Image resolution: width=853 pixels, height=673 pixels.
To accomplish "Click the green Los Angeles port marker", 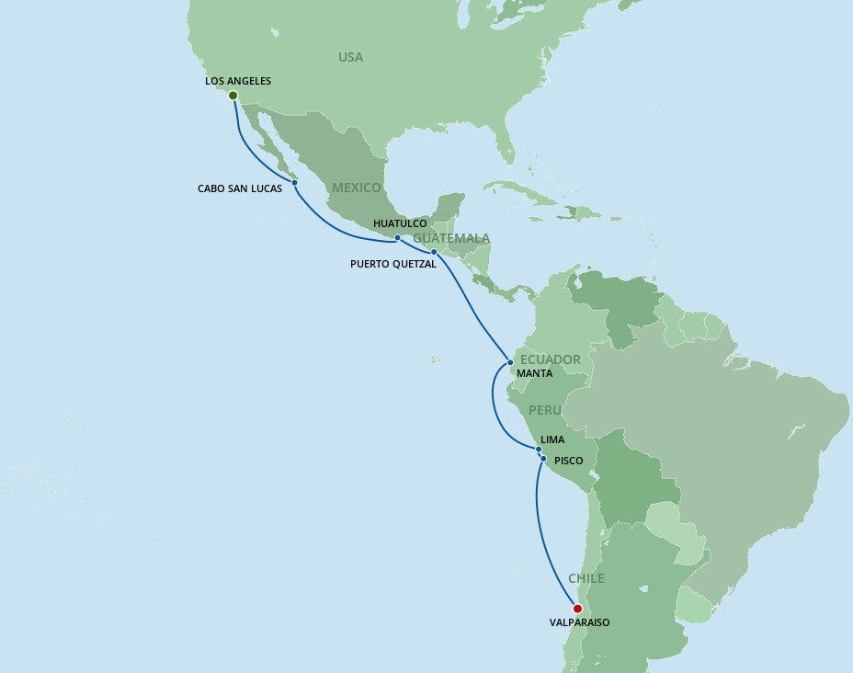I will tap(233, 96).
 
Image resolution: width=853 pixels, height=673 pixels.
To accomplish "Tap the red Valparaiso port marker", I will tap(577, 609).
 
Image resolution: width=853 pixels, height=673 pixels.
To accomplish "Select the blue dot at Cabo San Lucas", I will tap(295, 183).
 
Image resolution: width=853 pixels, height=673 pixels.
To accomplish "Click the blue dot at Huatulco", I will tap(397, 238).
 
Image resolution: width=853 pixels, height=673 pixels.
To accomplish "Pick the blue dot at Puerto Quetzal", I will tap(434, 251).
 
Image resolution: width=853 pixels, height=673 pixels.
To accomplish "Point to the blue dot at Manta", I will tap(510, 362).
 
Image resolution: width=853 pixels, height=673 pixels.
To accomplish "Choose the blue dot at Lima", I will tap(539, 450).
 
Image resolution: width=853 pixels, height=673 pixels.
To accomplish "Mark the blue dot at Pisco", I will tap(543, 459).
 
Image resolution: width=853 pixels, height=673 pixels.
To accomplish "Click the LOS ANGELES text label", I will tap(238, 81).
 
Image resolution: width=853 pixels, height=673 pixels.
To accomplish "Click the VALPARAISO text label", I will tap(580, 622).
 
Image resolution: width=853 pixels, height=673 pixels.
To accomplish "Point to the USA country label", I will tap(350, 57).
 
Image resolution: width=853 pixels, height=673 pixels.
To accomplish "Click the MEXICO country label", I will tap(357, 188).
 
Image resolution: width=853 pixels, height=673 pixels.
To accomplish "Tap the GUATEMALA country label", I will tap(451, 238).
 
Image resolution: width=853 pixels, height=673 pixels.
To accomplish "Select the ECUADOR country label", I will tap(550, 359).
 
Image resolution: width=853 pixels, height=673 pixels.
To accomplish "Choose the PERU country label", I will tap(546, 409).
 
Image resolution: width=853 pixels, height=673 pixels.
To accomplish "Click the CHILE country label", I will tap(586, 578).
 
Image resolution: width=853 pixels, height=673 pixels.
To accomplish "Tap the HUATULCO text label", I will tap(400, 223).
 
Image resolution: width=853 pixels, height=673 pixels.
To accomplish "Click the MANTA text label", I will tap(535, 373).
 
